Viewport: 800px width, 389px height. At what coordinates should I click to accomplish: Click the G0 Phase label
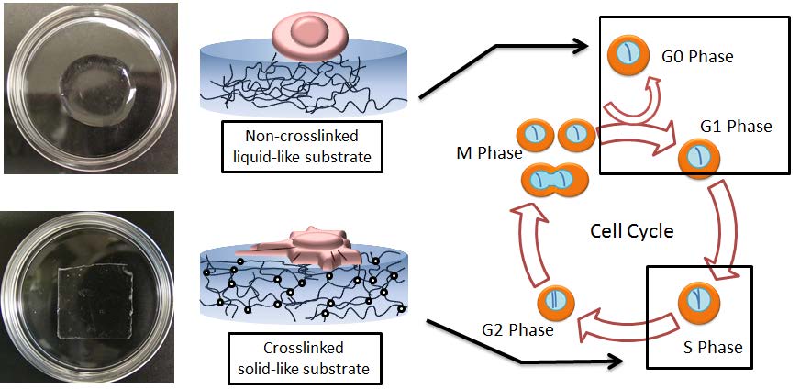(x=696, y=58)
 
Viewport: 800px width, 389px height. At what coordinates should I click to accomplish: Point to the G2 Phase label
(x=517, y=328)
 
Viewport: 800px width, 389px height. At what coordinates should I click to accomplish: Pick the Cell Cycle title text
(x=631, y=230)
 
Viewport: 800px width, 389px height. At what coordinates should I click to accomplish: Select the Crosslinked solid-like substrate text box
(x=302, y=359)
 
